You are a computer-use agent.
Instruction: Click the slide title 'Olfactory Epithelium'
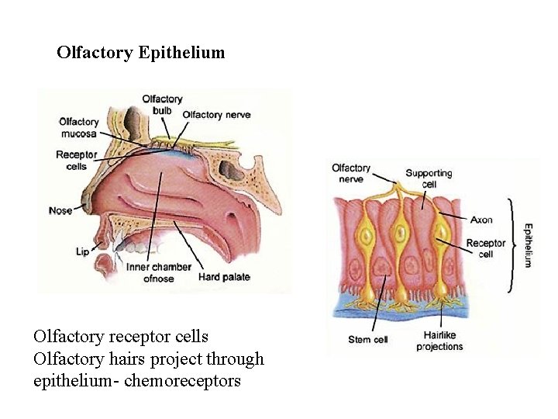click(x=140, y=53)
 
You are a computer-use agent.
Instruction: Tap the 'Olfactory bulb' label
click(x=162, y=105)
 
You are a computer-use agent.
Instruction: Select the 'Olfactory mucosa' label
click(x=79, y=127)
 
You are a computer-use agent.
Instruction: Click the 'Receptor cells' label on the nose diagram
click(x=77, y=160)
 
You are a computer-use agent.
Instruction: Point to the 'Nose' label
click(x=60, y=210)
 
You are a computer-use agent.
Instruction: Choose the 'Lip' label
click(x=83, y=251)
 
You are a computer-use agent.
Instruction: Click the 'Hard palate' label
click(x=224, y=277)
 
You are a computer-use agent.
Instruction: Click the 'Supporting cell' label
click(x=429, y=179)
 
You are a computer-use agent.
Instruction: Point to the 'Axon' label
click(x=481, y=220)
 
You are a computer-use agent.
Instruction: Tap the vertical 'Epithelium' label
click(x=528, y=244)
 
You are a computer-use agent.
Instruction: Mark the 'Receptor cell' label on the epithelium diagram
click(x=485, y=248)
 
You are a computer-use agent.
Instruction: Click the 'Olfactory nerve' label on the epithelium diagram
click(x=351, y=173)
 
